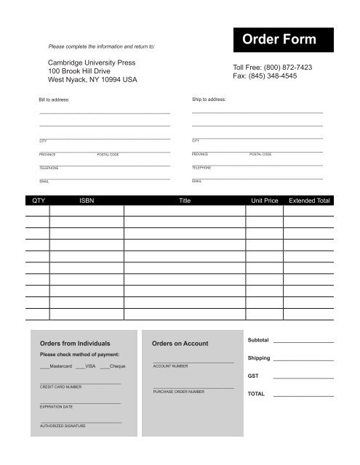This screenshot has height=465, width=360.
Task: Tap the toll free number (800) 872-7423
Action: pyautogui.click(x=286, y=67)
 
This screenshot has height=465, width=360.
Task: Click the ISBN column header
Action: pyautogui.click(x=87, y=201)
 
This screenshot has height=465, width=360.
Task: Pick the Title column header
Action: pyautogui.click(x=185, y=201)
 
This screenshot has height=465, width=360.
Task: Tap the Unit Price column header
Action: pyautogui.click(x=265, y=201)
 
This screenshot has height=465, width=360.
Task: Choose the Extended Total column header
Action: pyautogui.click(x=309, y=201)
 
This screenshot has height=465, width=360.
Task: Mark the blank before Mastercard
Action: pyautogui.click(x=44, y=366)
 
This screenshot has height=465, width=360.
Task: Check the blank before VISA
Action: pyautogui.click(x=80, y=366)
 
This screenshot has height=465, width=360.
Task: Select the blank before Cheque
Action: pyautogui.click(x=105, y=366)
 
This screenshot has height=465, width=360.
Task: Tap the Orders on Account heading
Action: pyautogui.click(x=180, y=343)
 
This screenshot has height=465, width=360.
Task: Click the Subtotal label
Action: pyautogui.click(x=258, y=340)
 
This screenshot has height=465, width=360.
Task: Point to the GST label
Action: pyautogui.click(x=252, y=376)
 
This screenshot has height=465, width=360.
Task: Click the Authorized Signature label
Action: pyautogui.click(x=63, y=426)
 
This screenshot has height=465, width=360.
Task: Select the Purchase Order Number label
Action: pyautogui.click(x=178, y=392)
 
